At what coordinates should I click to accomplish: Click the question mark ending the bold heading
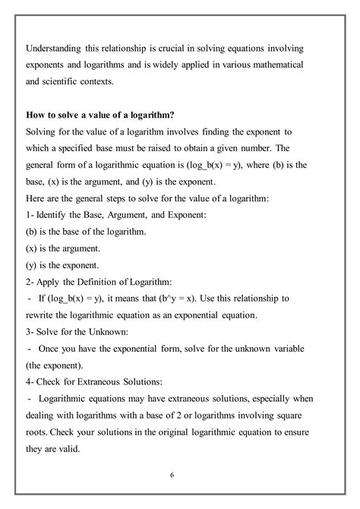[x=175, y=115]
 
